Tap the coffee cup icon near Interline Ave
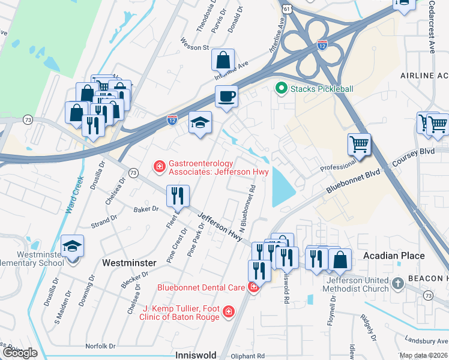click(226, 96)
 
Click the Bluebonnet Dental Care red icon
click(253, 287)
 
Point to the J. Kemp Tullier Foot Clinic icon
click(228, 311)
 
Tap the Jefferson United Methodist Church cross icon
click(397, 283)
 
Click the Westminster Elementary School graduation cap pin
click(72, 246)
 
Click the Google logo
click(19, 353)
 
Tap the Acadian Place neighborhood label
click(394, 256)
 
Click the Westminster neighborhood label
click(129, 263)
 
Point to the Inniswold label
click(195, 355)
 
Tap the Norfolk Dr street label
click(100, 346)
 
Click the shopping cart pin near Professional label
click(359, 143)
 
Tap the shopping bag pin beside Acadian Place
click(340, 259)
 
